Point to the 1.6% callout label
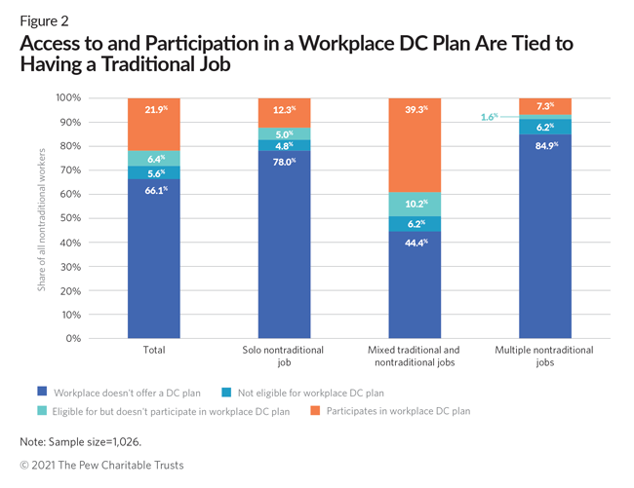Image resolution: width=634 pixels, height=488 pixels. coord(489,117)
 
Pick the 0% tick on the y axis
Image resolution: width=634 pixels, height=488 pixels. coord(70,338)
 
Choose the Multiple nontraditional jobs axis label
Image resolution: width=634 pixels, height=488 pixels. coord(546,356)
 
